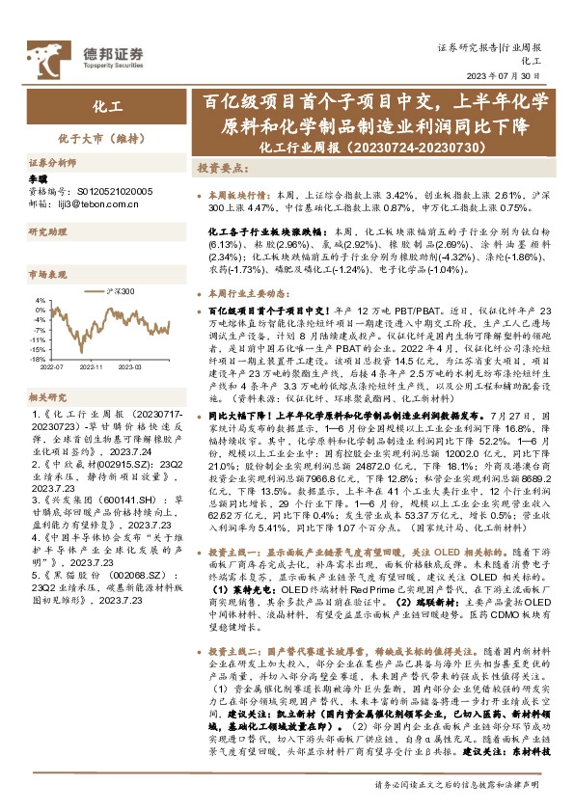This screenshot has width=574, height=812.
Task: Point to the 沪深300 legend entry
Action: point(117,290)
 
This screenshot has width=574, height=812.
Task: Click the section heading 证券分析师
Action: point(51,165)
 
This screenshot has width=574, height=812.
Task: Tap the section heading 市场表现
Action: point(46,274)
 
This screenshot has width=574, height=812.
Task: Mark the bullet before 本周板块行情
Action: point(200,194)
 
